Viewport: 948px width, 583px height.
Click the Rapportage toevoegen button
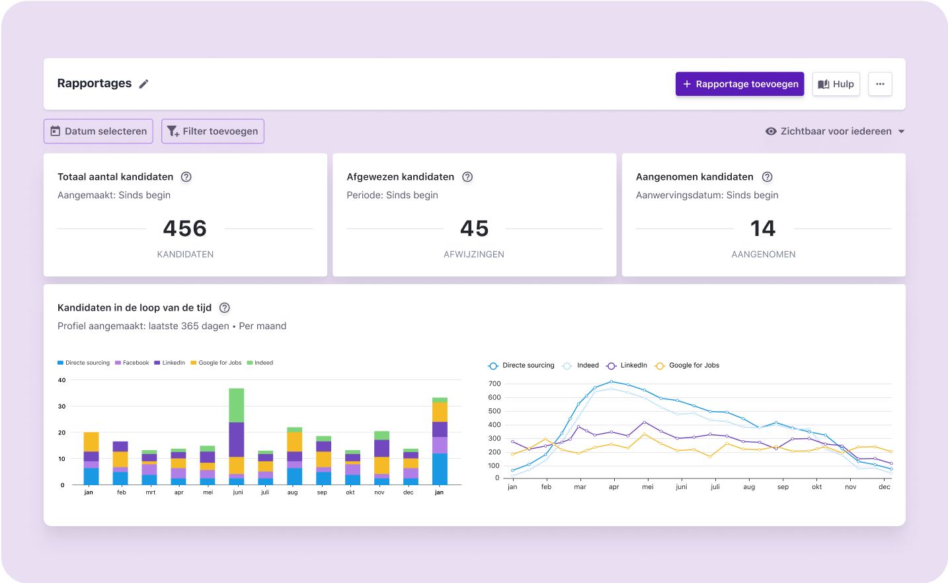[x=739, y=84]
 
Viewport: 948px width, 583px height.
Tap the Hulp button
[x=836, y=84]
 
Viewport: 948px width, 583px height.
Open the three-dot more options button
[x=880, y=84]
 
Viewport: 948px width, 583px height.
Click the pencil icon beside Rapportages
[x=143, y=84]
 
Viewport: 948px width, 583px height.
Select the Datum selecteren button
[x=99, y=131]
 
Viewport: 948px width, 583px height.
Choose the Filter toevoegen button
[x=212, y=131]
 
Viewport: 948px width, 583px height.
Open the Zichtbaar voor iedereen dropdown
[x=835, y=131]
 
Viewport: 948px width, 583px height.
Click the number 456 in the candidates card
[x=185, y=229]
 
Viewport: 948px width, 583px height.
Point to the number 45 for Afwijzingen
[x=474, y=229]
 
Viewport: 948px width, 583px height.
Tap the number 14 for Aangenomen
[x=763, y=229]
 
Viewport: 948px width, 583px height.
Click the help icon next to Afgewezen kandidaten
[x=467, y=176]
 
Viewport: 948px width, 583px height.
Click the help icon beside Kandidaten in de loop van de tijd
[x=225, y=307]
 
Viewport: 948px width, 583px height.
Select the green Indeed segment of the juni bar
[x=236, y=405]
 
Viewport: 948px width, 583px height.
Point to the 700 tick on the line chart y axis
[x=494, y=383]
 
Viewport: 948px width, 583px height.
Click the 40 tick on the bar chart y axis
[x=62, y=380]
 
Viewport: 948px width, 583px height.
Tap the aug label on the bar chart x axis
[x=293, y=492]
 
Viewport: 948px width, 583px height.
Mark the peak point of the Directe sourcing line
[x=611, y=381]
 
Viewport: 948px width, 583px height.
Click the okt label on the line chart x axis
[x=817, y=487]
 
